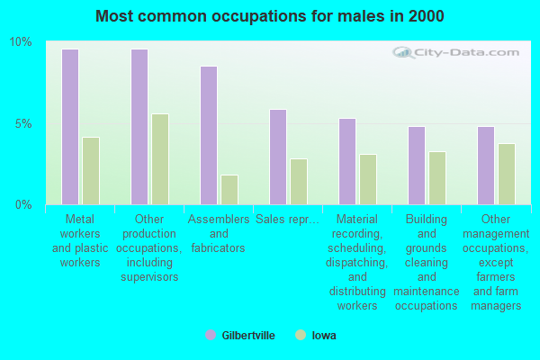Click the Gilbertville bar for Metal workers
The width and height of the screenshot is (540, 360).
(69, 127)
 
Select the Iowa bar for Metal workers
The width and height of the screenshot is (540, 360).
(91, 171)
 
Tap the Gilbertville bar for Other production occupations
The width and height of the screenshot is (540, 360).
(139, 127)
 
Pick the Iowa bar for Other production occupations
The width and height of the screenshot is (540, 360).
(160, 159)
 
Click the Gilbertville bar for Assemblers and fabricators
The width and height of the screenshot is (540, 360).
(208, 135)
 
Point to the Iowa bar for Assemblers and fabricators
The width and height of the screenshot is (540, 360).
(229, 190)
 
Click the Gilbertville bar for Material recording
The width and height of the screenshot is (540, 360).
(346, 161)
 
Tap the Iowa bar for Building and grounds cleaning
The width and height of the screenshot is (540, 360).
(437, 178)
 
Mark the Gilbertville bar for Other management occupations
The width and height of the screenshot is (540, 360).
(485, 166)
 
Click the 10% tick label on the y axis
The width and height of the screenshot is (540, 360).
(21, 42)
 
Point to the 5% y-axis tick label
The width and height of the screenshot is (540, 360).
(23, 123)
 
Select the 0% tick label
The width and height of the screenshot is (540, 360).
(23, 204)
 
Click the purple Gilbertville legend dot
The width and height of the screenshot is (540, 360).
(210, 335)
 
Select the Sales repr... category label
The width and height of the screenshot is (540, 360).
(285, 219)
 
